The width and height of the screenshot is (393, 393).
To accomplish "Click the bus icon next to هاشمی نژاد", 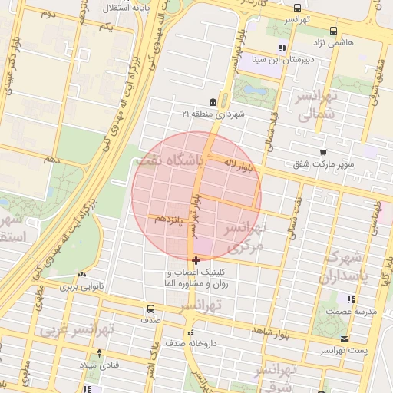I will click(332, 31).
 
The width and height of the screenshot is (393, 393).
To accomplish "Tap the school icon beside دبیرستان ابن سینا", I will click(282, 48).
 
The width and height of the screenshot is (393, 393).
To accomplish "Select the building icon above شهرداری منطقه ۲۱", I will click(212, 103).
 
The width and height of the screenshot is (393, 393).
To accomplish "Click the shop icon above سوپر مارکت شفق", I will click(323, 153).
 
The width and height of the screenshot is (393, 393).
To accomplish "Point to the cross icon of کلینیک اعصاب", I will click(196, 261).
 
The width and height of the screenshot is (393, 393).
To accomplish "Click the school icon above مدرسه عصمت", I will click(351, 299).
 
